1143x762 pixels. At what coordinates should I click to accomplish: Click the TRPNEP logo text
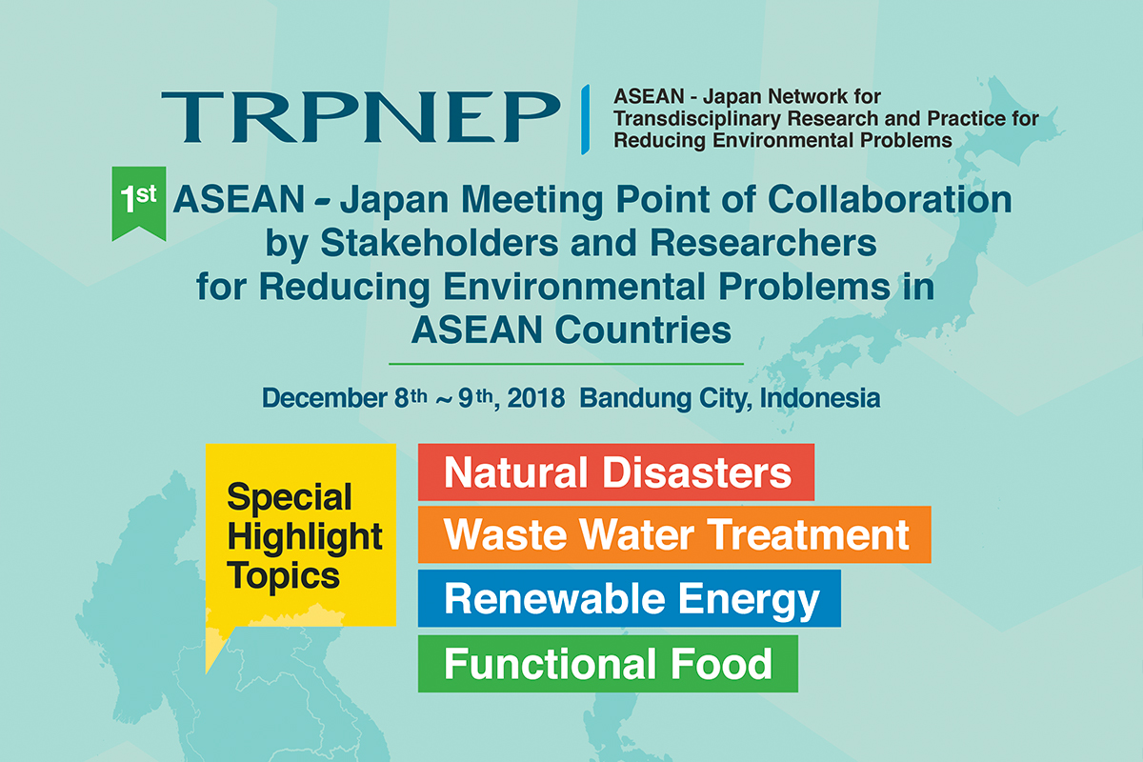pyautogui.click(x=361, y=117)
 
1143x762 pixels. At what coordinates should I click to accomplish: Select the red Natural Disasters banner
pyautogui.click(x=616, y=472)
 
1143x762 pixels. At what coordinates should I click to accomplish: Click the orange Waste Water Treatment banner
pyautogui.click(x=674, y=534)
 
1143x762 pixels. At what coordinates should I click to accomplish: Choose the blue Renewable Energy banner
pyautogui.click(x=630, y=598)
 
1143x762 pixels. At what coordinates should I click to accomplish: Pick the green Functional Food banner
pyautogui.click(x=608, y=664)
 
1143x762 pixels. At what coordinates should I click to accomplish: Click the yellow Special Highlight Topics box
pyautogui.click(x=301, y=535)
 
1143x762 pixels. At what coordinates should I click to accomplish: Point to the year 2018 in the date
pyautogui.click(x=535, y=398)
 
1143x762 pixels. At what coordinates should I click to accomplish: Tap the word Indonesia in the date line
pyautogui.click(x=820, y=398)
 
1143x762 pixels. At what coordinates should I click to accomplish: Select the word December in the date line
pyautogui.click(x=325, y=398)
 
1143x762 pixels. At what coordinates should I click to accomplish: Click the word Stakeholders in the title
pyautogui.click(x=439, y=243)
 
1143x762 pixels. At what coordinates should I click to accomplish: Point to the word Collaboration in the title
pyautogui.click(x=890, y=199)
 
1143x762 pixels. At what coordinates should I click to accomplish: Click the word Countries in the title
pyautogui.click(x=643, y=330)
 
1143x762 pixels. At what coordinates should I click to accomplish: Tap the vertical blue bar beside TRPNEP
pyautogui.click(x=585, y=119)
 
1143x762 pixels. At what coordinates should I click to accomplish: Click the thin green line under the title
pyautogui.click(x=566, y=364)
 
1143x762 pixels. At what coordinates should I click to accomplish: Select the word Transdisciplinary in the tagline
pyautogui.click(x=697, y=119)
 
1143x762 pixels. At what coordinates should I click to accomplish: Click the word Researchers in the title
pyautogui.click(x=763, y=243)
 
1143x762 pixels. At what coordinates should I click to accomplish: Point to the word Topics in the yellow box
pyautogui.click(x=283, y=576)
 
